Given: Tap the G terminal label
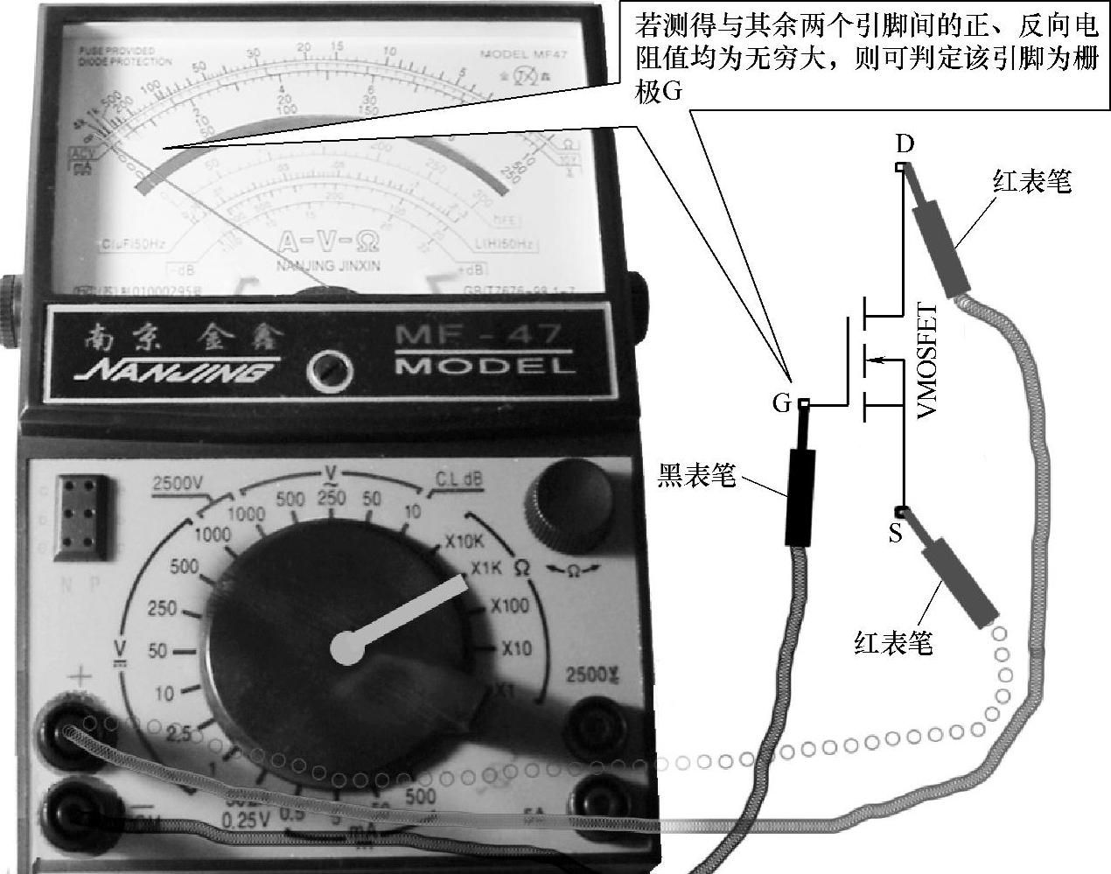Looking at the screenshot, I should [781, 404].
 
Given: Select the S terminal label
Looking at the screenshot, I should [895, 533].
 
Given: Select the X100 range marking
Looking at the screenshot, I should [509, 605].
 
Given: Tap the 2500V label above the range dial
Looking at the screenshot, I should [177, 482].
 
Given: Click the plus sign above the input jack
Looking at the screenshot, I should [80, 675].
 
